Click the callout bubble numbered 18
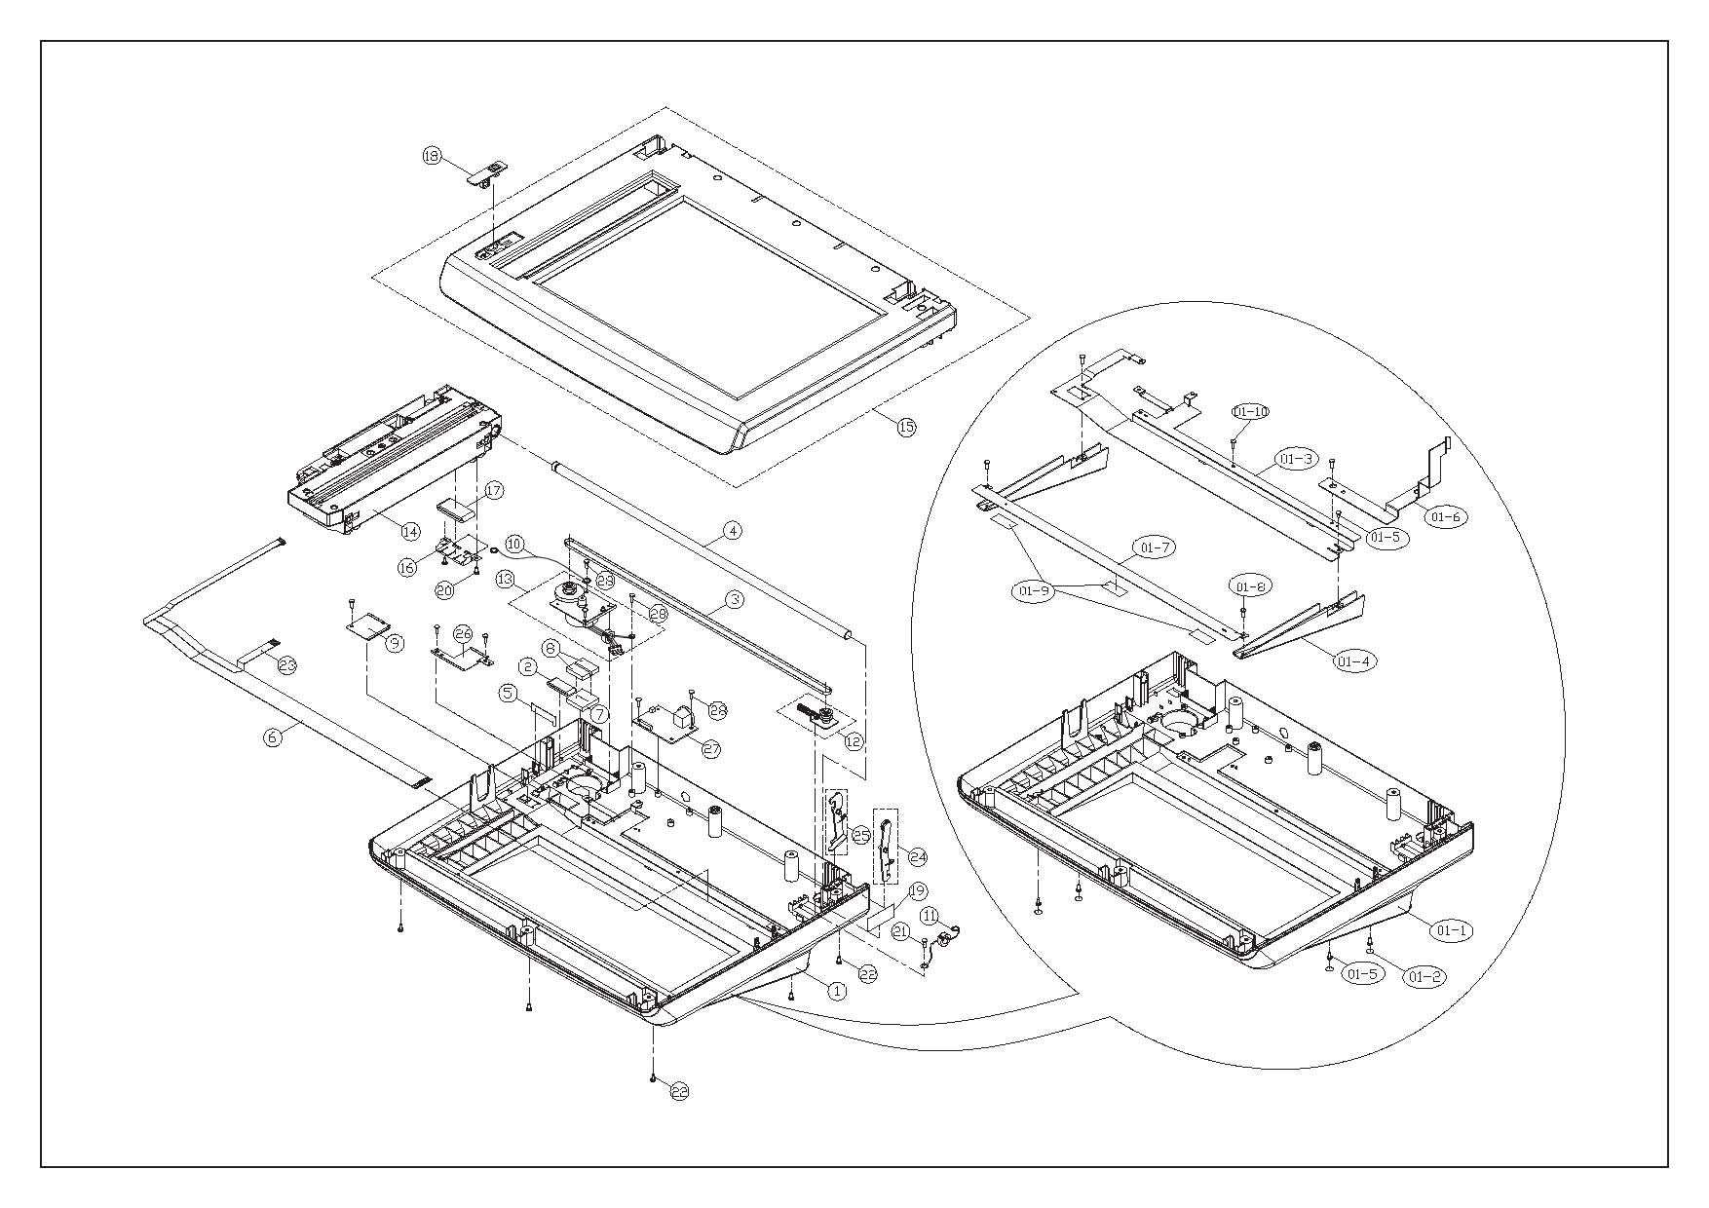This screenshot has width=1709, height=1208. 432,156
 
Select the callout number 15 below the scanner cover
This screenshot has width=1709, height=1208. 906,427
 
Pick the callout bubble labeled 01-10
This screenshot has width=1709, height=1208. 1250,411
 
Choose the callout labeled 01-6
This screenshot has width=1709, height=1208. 1447,517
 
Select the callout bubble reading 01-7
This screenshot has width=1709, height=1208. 1154,547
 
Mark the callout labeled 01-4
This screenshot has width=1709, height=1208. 1352,661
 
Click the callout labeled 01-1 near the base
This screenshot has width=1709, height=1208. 1451,930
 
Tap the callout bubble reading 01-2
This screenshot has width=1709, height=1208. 1424,975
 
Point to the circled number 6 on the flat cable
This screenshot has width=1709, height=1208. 273,737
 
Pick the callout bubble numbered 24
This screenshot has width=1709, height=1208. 917,857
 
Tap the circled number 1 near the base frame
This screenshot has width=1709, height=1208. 835,990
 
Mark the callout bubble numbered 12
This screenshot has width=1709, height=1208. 854,741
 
